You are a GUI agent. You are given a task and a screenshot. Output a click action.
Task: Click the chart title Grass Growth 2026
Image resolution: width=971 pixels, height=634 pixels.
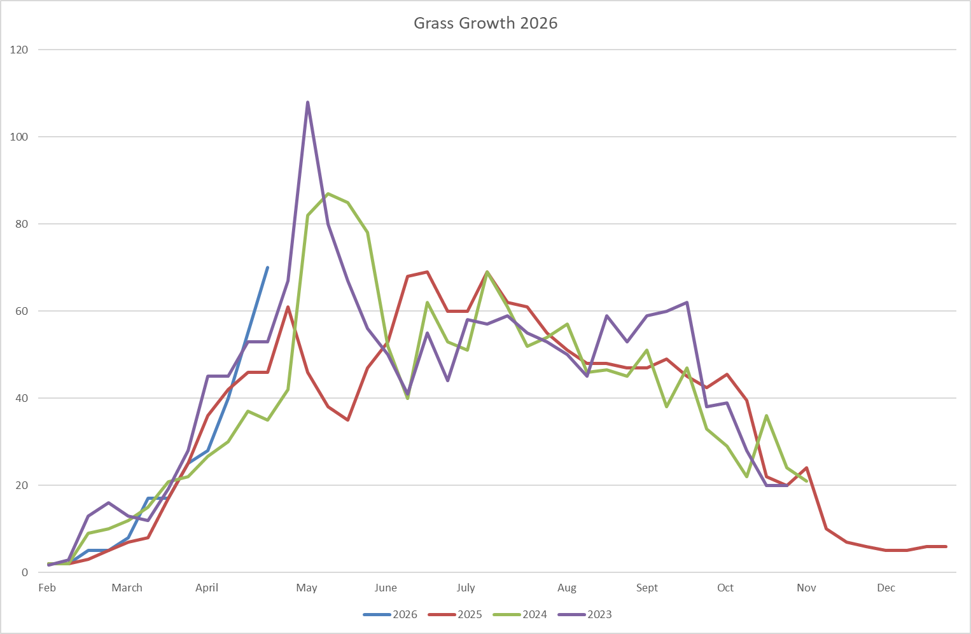(486, 24)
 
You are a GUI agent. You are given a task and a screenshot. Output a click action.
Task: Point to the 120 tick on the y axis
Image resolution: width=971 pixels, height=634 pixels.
(20, 50)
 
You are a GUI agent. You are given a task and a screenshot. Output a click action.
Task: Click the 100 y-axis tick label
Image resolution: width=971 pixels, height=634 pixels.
(20, 137)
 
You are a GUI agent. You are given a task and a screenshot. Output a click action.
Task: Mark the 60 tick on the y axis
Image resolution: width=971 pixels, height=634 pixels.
(22, 311)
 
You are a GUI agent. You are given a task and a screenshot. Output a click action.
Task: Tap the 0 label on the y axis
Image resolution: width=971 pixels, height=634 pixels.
(25, 572)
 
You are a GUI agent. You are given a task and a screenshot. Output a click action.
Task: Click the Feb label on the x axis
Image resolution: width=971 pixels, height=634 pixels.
(47, 588)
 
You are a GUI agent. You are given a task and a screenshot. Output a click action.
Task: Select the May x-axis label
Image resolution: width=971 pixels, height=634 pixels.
(307, 588)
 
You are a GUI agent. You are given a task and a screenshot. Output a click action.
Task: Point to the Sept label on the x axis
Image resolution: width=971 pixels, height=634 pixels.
(647, 588)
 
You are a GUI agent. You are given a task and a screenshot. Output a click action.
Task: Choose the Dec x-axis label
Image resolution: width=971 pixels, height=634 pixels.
(886, 588)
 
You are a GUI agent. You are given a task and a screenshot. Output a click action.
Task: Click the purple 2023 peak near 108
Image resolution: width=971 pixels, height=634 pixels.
(308, 102)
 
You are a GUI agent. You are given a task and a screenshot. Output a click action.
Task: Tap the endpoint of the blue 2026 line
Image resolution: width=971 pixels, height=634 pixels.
(267, 268)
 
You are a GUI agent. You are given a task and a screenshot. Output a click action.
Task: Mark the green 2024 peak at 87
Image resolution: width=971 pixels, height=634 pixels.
(328, 193)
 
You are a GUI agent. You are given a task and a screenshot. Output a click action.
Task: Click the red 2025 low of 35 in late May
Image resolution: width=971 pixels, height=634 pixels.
(347, 420)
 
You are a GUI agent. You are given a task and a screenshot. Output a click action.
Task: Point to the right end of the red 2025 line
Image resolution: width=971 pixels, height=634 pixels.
(946, 546)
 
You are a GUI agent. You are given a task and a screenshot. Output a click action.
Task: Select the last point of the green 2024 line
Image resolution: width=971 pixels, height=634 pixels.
(807, 481)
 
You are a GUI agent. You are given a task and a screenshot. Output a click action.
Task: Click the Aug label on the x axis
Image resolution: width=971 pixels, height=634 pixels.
(567, 588)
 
